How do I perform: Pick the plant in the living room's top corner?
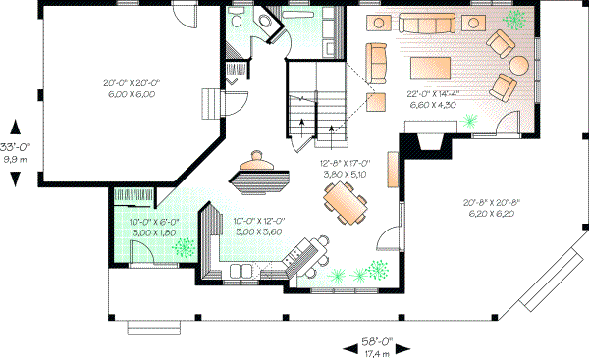tap(513, 21)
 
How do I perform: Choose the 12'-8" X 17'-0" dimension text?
tap(342, 168)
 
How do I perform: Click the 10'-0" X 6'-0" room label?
tap(150, 228)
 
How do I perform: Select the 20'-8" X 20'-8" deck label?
tap(493, 207)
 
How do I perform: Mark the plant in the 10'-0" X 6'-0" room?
tap(183, 249)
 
